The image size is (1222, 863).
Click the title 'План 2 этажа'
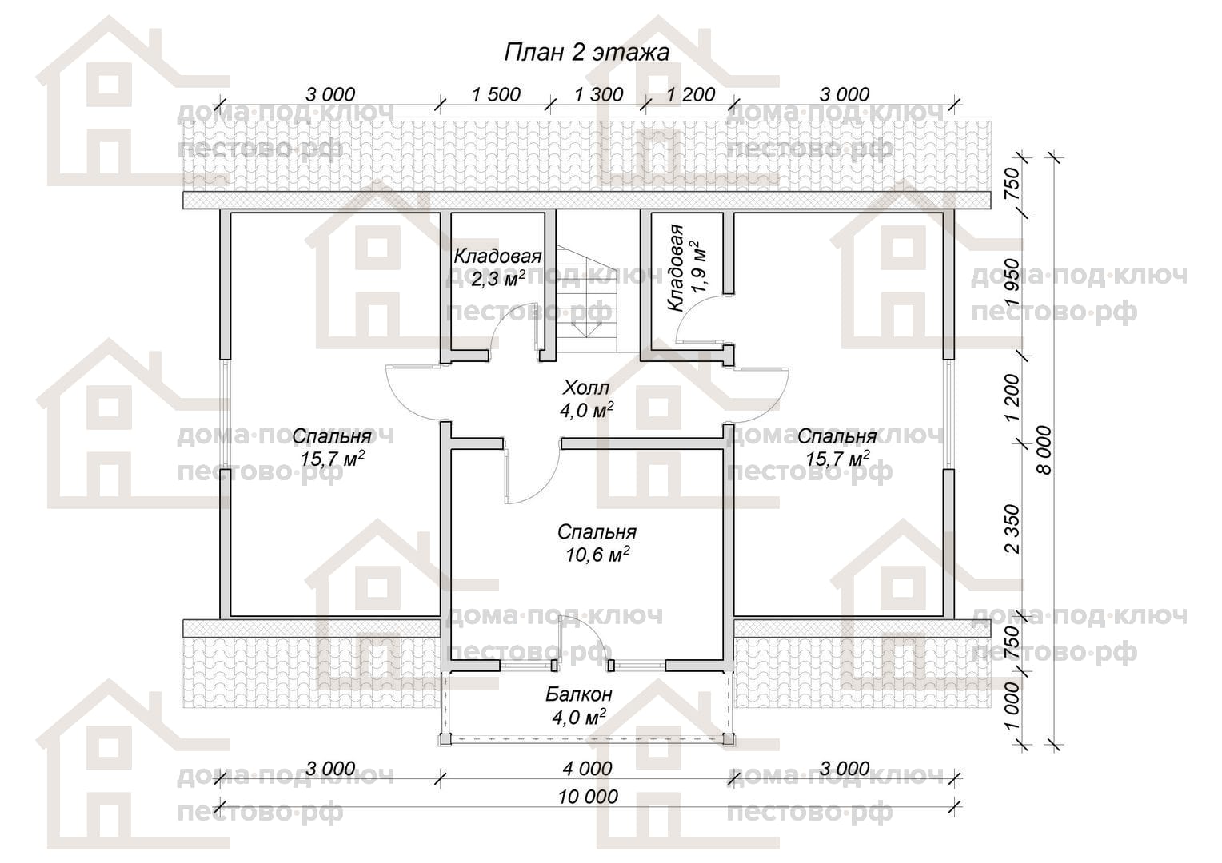click(586, 53)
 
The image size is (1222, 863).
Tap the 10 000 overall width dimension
click(588, 797)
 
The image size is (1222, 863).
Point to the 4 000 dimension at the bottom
click(588, 769)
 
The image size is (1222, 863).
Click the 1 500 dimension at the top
click(496, 95)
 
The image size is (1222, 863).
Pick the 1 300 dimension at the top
click(598, 95)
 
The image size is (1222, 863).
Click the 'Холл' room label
click(586, 388)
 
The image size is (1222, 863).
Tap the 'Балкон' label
click(579, 694)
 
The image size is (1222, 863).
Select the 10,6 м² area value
click(597, 555)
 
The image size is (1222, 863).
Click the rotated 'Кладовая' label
click(676, 268)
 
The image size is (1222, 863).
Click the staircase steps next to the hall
click(588, 300)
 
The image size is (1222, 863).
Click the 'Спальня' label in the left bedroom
click(332, 436)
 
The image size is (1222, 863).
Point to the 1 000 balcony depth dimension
click(1011, 706)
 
